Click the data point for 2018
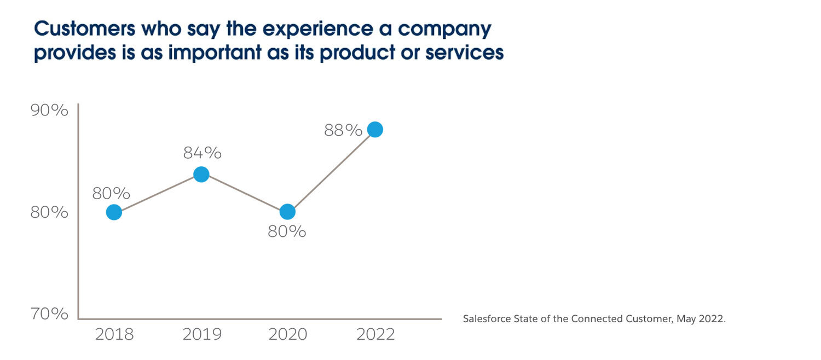click(x=114, y=212)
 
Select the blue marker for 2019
click(x=201, y=175)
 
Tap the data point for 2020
click(x=287, y=212)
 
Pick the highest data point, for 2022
click(x=375, y=130)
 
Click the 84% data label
click(x=202, y=153)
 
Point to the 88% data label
click(x=343, y=131)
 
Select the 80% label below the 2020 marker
click(x=287, y=232)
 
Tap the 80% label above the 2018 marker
click(x=111, y=194)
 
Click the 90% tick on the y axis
click(x=49, y=111)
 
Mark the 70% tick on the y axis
click(x=49, y=314)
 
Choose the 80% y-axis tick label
click(x=49, y=212)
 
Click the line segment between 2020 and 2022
click(x=331, y=171)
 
